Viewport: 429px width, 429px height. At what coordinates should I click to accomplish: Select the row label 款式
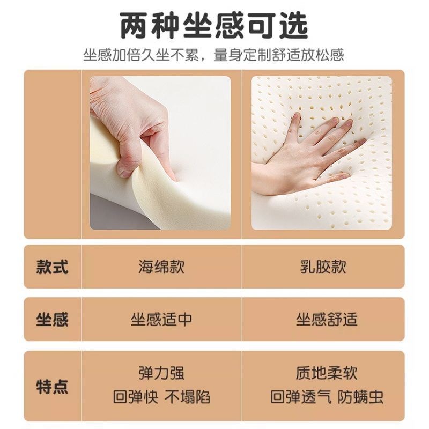coord(52,267)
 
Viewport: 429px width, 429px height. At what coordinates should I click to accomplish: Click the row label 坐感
coord(52,320)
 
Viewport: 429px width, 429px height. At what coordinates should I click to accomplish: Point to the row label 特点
coord(52,386)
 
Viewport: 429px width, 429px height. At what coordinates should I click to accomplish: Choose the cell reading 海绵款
coord(161,267)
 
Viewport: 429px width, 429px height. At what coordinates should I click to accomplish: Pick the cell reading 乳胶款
coord(323,267)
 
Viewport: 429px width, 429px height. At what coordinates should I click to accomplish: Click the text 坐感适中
coord(161,320)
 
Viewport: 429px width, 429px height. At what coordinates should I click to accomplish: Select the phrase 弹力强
coord(161,373)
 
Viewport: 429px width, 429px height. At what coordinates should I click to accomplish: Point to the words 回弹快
coord(135,397)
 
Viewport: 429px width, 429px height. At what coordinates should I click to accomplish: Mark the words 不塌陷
coord(187,397)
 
